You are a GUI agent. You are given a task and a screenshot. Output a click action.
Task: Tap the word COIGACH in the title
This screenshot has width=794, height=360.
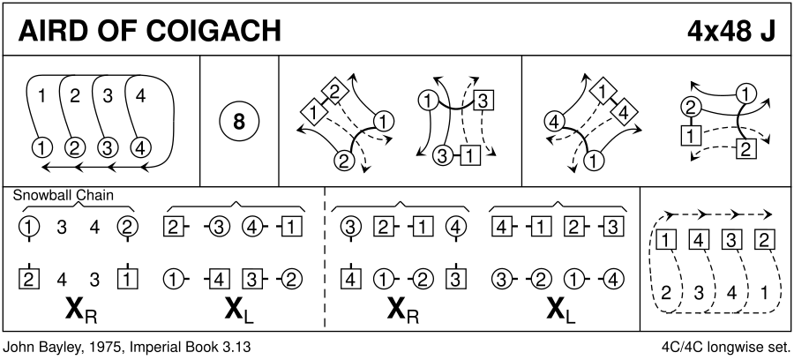pyautogui.click(x=214, y=32)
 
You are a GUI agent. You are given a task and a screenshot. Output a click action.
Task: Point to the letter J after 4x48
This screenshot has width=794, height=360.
pyautogui.click(x=768, y=32)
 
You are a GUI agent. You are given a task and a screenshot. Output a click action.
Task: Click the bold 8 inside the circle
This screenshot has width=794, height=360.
pyautogui.click(x=239, y=122)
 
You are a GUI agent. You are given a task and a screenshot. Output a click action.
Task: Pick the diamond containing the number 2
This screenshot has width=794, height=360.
pyautogui.click(x=333, y=92)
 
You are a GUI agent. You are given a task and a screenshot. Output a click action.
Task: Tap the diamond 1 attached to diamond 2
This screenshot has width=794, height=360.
pyautogui.click(x=313, y=112)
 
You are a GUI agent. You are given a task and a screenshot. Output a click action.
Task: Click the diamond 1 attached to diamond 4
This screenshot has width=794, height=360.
pyautogui.click(x=603, y=92)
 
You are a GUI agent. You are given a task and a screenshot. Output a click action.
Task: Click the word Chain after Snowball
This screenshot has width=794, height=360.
pyautogui.click(x=94, y=195)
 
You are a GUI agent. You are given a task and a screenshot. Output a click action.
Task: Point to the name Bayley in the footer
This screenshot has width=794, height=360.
pyautogui.click(x=62, y=348)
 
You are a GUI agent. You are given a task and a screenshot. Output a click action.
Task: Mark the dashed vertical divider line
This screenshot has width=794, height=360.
pyautogui.click(x=325, y=259)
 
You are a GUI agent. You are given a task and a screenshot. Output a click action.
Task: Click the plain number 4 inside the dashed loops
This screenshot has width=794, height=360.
pyautogui.click(x=730, y=292)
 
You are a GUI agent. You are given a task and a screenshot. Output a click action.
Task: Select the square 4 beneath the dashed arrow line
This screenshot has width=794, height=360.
pyautogui.click(x=699, y=239)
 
